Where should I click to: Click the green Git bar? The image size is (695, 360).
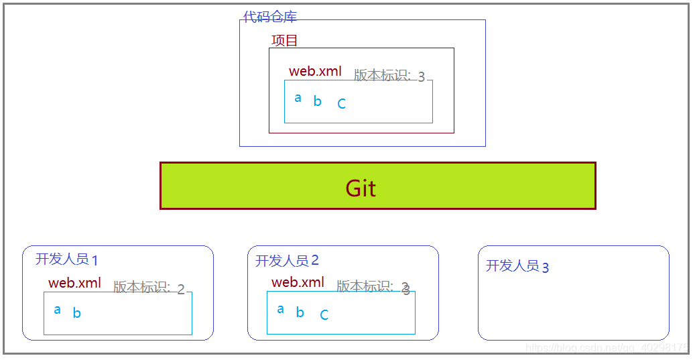pos(377,186)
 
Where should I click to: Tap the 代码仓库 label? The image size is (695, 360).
pos(269,17)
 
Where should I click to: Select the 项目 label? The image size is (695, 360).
pos(284,40)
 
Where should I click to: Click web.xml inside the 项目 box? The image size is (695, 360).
pos(315,71)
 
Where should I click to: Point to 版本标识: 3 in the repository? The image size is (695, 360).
pos(389,76)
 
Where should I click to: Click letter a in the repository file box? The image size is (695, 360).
pos(298,98)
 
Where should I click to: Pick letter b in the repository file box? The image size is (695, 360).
pos(318,102)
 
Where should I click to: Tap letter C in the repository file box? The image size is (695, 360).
pos(341,104)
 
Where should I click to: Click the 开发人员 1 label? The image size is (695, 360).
pos(66,259)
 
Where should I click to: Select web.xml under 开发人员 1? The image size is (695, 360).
pos(74,283)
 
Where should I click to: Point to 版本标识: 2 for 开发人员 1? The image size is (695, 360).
pos(148,288)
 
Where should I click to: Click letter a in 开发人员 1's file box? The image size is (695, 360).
pos(58,310)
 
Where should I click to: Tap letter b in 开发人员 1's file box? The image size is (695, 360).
pos(77,313)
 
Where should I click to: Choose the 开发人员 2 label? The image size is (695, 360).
pos(287,260)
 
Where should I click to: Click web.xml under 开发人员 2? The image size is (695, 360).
pos(298,282)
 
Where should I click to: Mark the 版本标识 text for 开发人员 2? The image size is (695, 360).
pos(372,287)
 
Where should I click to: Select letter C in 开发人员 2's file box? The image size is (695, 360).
pos(324,315)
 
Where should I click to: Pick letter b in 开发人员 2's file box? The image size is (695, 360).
pos(300,312)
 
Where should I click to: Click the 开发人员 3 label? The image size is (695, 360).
pos(517,266)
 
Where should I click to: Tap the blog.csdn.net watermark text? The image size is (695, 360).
pos(607,348)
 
